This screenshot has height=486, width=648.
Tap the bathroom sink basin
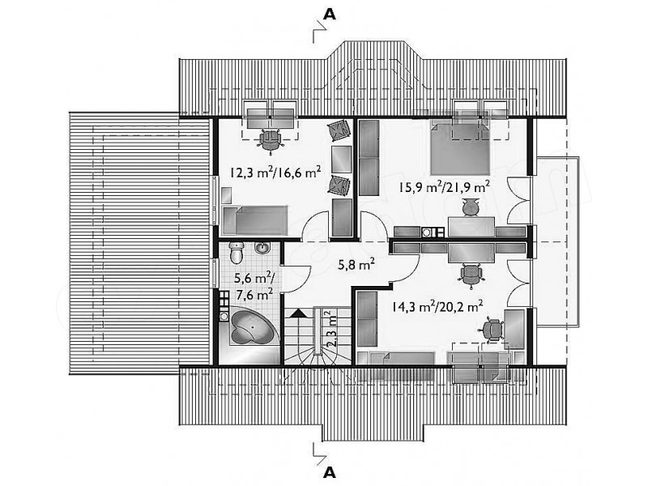[x=262, y=248]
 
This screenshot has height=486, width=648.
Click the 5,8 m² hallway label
[x=356, y=265]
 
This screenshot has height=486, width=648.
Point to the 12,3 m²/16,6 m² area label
[x=275, y=172]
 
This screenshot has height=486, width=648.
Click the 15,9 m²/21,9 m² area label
[x=444, y=186]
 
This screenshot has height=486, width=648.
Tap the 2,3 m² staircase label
[x=331, y=330]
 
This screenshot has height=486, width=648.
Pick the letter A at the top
[x=329, y=14]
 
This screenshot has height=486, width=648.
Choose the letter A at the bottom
[x=329, y=471]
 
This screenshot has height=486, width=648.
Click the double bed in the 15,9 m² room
[x=460, y=147]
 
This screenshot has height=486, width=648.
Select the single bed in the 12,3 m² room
[x=254, y=220]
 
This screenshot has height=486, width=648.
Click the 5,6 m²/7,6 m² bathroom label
[x=254, y=286]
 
